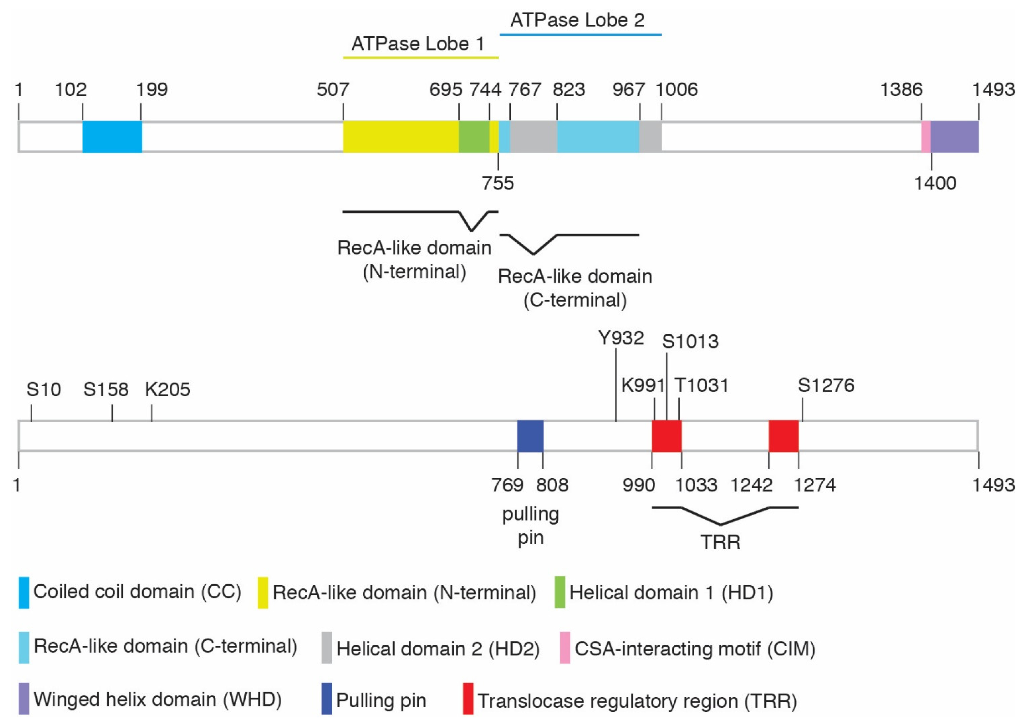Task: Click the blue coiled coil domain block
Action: (112, 136)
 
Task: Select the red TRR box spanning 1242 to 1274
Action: (783, 436)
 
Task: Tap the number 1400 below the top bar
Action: (935, 183)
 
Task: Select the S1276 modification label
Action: (826, 386)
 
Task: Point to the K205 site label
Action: (167, 389)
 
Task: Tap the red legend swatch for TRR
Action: (468, 698)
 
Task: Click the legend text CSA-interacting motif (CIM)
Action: (695, 648)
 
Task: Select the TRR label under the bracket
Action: (720, 542)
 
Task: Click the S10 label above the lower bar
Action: (44, 389)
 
